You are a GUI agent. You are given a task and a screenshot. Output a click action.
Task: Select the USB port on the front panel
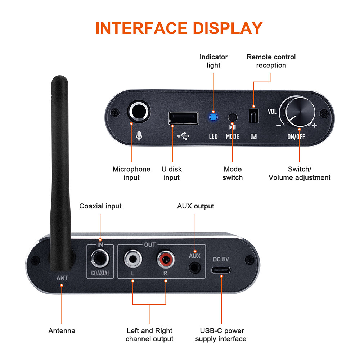(183, 118)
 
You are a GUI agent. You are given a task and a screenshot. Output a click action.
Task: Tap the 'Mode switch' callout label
(233, 173)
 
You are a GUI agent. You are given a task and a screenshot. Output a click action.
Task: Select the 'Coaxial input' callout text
(100, 206)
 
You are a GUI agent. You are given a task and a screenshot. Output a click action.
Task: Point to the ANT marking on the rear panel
(62, 278)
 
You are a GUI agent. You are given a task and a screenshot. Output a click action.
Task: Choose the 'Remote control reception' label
(271, 61)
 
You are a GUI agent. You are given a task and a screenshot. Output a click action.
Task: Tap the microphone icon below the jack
(139, 136)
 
